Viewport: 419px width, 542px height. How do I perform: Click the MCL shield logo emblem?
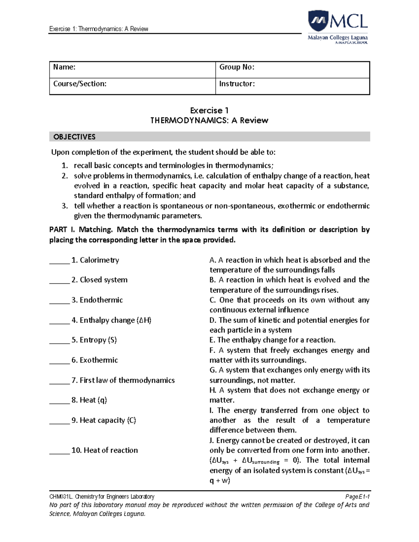[x=318, y=21]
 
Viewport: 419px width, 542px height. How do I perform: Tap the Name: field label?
[x=64, y=67]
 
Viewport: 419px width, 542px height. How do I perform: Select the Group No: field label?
[x=236, y=67]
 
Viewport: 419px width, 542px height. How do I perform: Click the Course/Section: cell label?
[x=80, y=84]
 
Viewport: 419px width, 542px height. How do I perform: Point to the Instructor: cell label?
[x=237, y=84]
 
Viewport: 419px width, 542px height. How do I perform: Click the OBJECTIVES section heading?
[x=74, y=137]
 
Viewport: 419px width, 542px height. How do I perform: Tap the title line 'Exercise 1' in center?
[x=209, y=111]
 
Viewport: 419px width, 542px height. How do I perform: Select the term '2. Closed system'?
[x=100, y=280]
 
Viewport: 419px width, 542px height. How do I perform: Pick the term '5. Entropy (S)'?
[x=94, y=340]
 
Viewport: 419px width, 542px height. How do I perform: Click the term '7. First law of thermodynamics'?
[x=123, y=380]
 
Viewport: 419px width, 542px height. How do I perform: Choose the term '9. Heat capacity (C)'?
[x=104, y=420]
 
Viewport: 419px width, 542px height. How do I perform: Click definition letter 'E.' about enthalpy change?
[x=212, y=340]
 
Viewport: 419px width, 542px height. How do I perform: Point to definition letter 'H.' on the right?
[x=213, y=390]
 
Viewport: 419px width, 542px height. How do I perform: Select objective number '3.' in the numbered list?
[x=65, y=206]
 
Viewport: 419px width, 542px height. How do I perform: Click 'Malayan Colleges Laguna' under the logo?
[x=337, y=37]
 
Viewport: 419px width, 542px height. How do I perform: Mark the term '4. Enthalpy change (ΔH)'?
[x=111, y=320]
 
